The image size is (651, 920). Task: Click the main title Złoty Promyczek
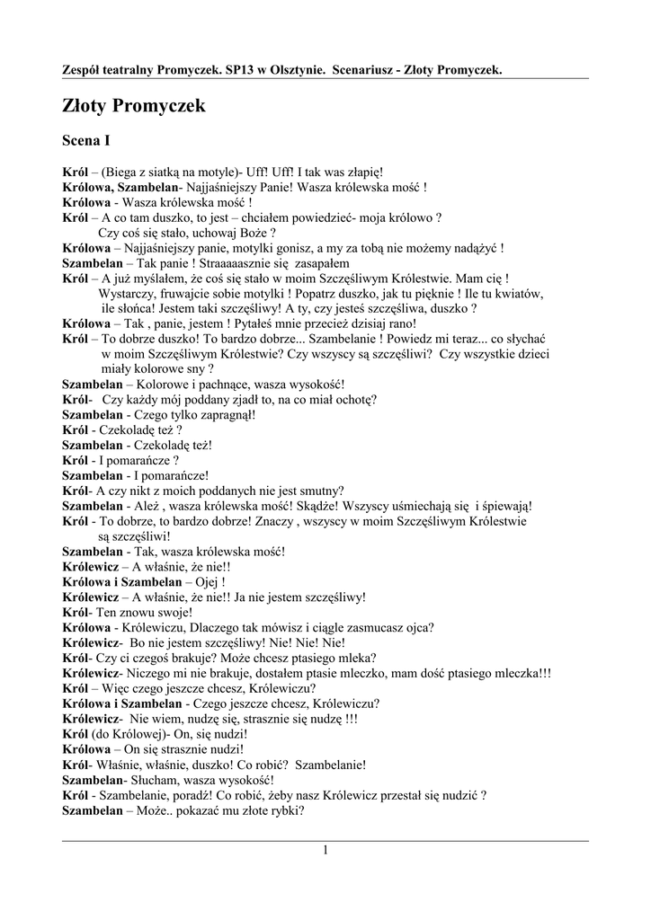click(x=134, y=107)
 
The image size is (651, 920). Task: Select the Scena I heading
click(x=86, y=140)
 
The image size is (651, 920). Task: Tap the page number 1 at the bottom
click(x=325, y=850)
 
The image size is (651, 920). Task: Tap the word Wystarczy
click(x=127, y=294)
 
